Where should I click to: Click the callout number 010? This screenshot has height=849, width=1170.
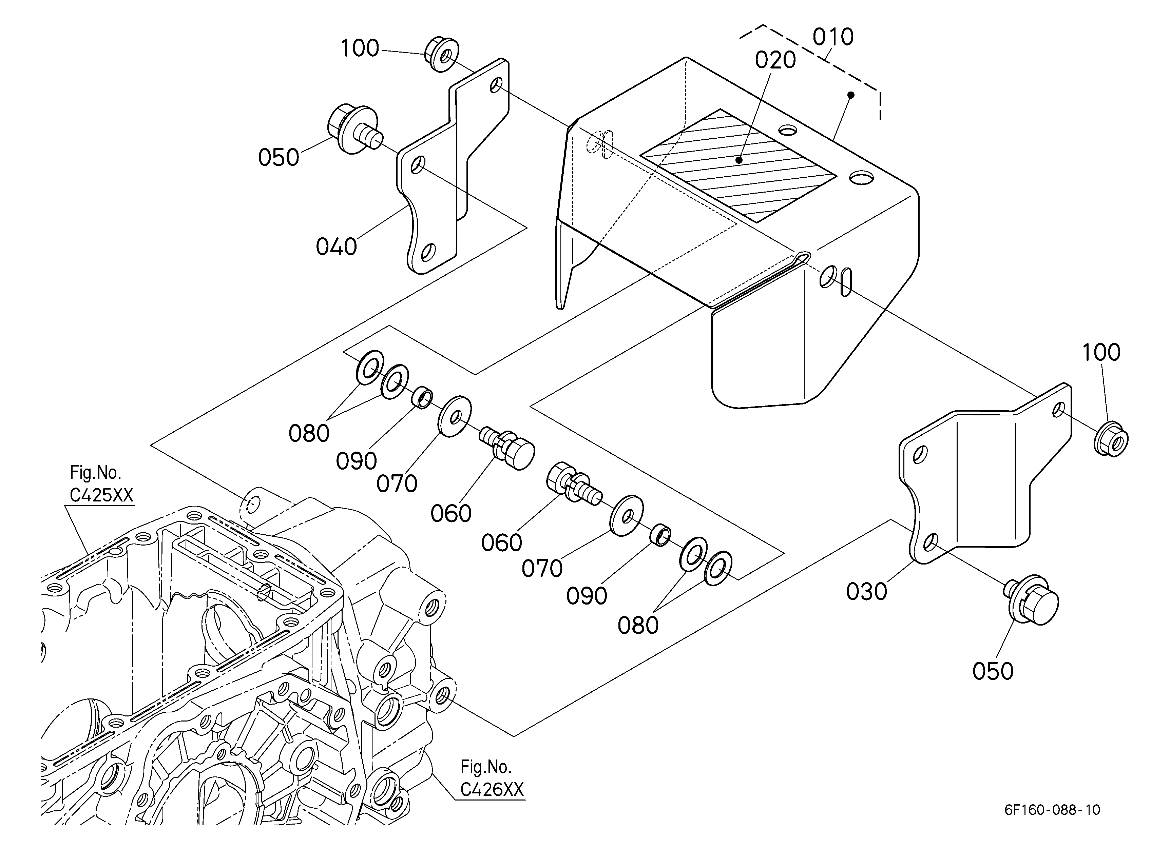click(833, 37)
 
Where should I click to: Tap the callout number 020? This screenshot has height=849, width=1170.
click(775, 60)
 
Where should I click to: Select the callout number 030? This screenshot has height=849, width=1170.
click(867, 591)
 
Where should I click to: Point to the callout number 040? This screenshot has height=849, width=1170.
click(337, 247)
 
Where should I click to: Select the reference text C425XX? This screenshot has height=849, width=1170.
click(102, 495)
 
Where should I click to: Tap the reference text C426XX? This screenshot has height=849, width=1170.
click(492, 789)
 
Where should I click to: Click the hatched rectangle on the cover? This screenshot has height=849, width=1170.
click(738, 165)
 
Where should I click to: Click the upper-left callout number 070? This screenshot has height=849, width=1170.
click(397, 483)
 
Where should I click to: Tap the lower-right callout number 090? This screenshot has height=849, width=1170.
click(587, 596)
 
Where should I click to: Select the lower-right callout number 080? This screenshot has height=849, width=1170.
click(638, 625)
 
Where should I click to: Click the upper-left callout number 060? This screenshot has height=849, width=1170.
click(451, 513)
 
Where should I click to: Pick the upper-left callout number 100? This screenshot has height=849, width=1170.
click(360, 48)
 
